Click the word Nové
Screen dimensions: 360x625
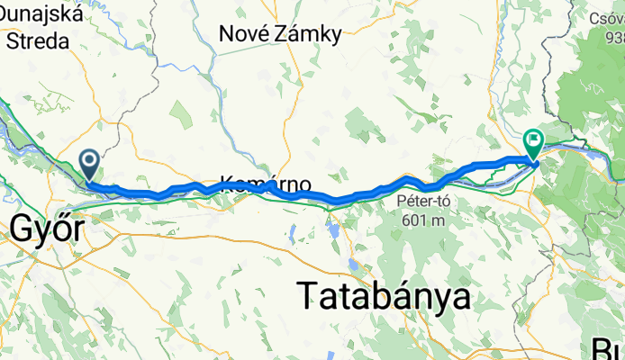244,35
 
